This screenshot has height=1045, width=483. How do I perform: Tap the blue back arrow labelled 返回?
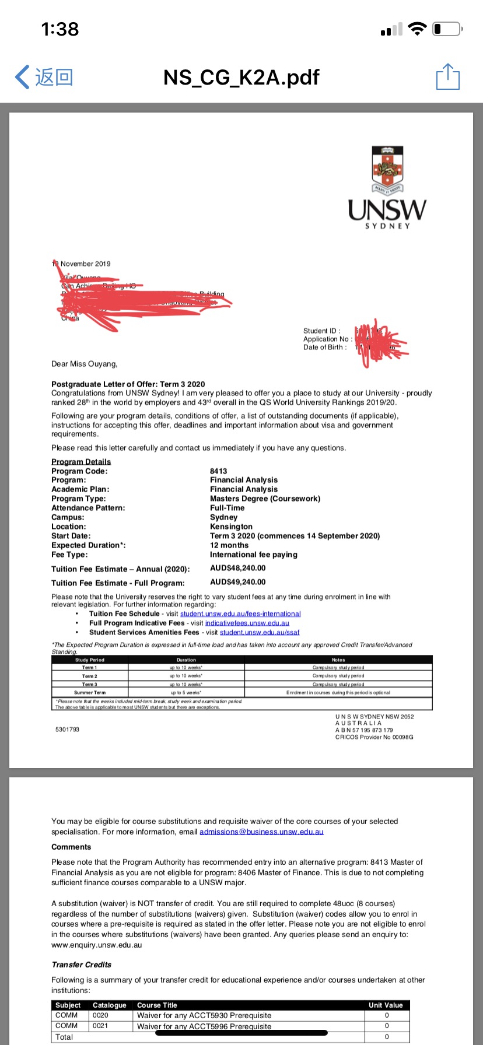[44, 77]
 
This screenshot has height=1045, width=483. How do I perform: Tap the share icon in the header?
[448, 77]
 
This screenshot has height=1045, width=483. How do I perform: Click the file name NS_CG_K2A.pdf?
[242, 77]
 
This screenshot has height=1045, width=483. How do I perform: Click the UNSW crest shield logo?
[387, 167]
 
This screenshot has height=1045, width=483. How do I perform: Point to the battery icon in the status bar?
[447, 29]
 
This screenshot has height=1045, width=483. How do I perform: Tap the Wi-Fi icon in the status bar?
[418, 29]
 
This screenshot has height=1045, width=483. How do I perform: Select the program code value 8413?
[219, 471]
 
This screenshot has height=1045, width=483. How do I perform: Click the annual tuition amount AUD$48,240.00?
[237, 568]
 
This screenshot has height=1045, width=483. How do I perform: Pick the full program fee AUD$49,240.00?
[237, 582]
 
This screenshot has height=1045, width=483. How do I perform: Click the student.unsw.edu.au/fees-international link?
[240, 613]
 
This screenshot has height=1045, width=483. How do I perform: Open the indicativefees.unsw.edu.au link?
[247, 623]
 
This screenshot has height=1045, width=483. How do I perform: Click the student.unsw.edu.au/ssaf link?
[260, 632]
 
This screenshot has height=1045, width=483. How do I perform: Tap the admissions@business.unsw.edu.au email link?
[261, 832]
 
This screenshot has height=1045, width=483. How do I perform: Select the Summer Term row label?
[90, 692]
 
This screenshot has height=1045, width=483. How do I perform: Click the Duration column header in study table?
[186, 660]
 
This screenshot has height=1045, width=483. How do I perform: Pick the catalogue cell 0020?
[100, 1015]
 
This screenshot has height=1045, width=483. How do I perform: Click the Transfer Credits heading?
[81, 965]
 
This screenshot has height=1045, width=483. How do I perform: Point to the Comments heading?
[71, 847]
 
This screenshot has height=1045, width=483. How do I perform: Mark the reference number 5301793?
[67, 730]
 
